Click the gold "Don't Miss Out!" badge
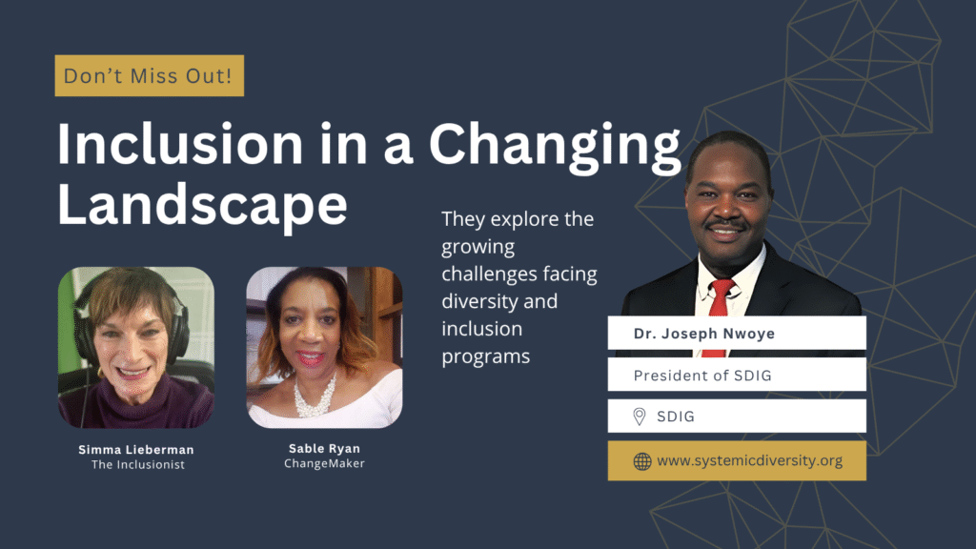pos(149,75)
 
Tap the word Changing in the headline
pos(555,145)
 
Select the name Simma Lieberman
pos(135,449)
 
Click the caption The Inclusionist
pos(135,464)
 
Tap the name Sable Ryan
pos(324,449)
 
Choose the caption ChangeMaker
pos(324,464)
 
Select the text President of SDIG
pos(702,375)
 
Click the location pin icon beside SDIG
pos(640,417)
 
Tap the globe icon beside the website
pos(642,461)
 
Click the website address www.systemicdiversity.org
pos(749,461)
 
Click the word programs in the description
pos(486,356)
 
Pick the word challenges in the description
pos(487,274)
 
